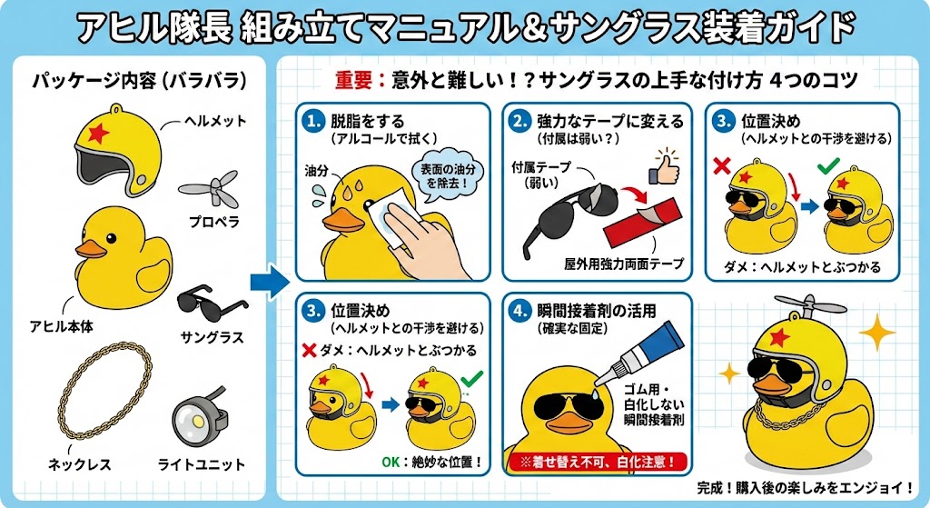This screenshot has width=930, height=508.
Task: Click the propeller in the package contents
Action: point(210,189)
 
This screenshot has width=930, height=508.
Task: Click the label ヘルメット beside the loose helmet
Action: point(215,121)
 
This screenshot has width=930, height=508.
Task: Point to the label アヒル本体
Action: point(62,326)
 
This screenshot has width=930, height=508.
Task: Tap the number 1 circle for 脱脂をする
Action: point(313,122)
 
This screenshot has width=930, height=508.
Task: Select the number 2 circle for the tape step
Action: point(519,122)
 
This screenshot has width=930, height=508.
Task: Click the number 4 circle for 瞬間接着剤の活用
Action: point(519,311)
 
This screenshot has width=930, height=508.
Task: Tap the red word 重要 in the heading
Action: point(353,80)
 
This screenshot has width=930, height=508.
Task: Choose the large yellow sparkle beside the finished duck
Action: point(876,333)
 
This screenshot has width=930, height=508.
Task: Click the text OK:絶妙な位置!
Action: point(431,461)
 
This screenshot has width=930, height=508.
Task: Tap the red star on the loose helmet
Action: point(98,134)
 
